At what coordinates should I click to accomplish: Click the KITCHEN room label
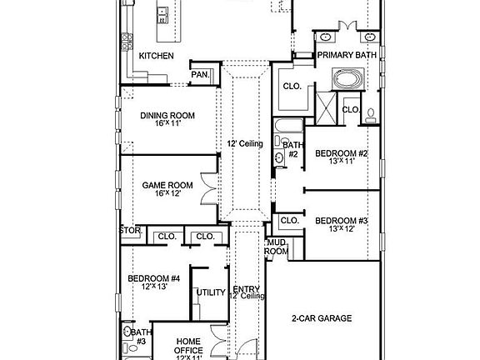click(x=156, y=56)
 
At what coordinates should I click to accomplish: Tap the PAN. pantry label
click(x=200, y=74)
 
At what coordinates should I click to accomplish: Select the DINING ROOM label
click(x=166, y=116)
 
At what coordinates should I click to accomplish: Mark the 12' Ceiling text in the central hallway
click(x=245, y=143)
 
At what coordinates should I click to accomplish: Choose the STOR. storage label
click(x=130, y=230)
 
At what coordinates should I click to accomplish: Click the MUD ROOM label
click(x=277, y=247)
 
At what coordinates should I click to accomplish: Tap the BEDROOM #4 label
click(x=153, y=278)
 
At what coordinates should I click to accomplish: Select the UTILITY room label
click(x=210, y=292)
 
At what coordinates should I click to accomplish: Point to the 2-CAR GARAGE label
click(x=321, y=317)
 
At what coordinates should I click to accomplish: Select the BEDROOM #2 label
click(x=341, y=152)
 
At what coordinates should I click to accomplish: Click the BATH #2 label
click(x=292, y=150)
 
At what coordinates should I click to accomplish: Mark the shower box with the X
click(x=326, y=106)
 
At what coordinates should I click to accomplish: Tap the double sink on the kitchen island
click(x=162, y=14)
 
